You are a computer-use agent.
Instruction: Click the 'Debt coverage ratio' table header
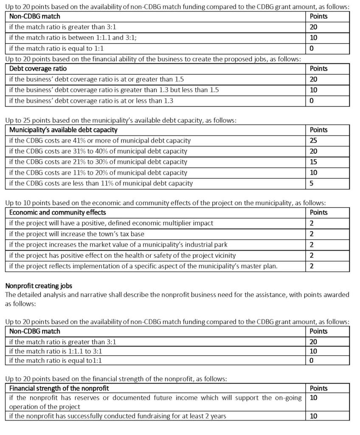coord(38,68)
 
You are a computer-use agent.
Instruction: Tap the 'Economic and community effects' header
coord(57,212)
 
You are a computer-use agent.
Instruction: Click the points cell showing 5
coord(312,184)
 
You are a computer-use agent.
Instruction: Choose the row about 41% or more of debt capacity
coord(100,141)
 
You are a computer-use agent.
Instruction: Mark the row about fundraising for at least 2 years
coord(117,416)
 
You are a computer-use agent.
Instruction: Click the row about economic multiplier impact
coord(111,223)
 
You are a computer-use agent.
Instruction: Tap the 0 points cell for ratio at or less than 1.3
coord(312,101)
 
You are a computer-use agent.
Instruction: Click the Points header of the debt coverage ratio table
coord(319,68)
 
